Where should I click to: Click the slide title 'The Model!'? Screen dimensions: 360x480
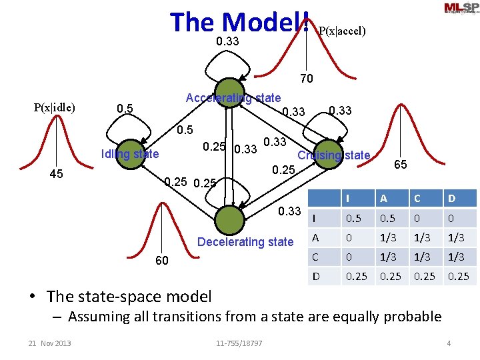coord(239,22)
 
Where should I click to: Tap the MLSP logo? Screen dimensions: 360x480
coord(460,8)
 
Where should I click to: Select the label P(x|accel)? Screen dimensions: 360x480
coord(342,31)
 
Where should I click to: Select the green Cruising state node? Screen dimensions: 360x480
coord(327,152)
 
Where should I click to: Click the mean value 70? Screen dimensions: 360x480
coord(306,79)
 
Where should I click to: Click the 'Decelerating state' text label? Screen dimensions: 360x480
coord(245,242)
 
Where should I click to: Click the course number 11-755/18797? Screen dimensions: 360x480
coord(239,343)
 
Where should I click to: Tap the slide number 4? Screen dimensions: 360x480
coord(449,343)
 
